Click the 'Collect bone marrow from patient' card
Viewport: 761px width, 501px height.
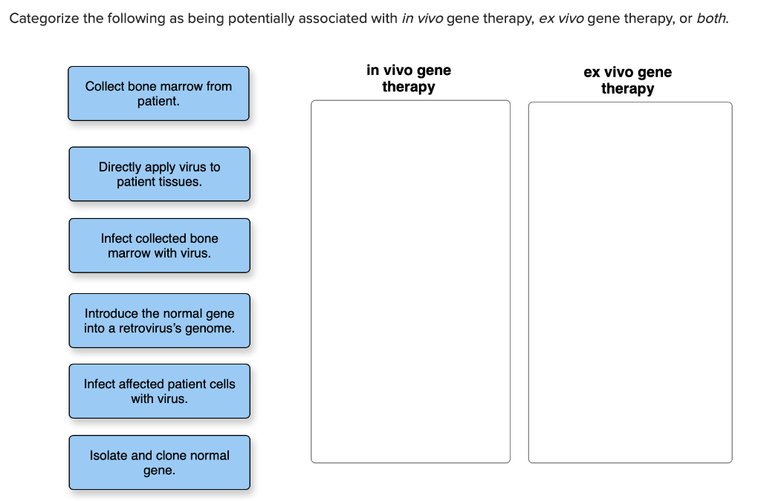[x=158, y=94]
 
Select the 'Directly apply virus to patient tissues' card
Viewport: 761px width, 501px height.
[x=159, y=174]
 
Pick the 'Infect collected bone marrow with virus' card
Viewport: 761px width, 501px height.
[x=159, y=245]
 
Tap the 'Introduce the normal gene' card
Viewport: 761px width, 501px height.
[x=159, y=321]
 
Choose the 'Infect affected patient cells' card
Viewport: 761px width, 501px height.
[x=159, y=391]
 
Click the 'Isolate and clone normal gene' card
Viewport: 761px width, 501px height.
[x=159, y=462]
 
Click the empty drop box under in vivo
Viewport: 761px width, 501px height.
[x=410, y=281]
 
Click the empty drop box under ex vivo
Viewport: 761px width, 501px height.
[x=629, y=282]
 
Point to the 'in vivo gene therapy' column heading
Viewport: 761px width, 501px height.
[x=409, y=79]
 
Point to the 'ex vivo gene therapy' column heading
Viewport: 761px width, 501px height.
[x=627, y=80]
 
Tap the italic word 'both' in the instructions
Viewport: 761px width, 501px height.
[x=710, y=19]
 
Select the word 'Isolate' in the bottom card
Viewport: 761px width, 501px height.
[x=109, y=455]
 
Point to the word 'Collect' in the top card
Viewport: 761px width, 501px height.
[x=105, y=86]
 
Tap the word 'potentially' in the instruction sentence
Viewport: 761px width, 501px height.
[x=261, y=19]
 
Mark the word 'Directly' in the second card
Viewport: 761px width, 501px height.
[x=121, y=167]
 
